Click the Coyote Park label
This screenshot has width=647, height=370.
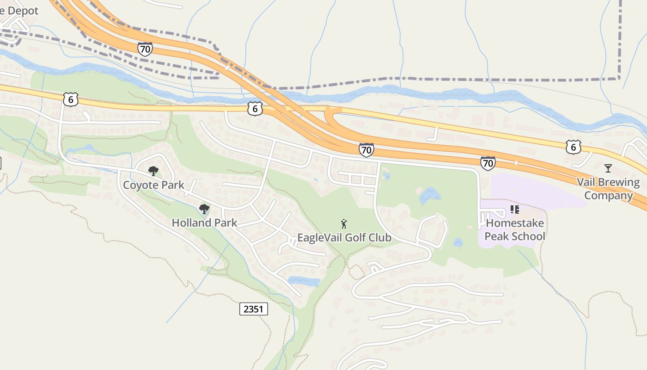click(x=153, y=185)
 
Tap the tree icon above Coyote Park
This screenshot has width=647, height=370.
click(x=153, y=171)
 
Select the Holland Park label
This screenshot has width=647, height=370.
click(x=204, y=222)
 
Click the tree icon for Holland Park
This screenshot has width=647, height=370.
click(x=204, y=209)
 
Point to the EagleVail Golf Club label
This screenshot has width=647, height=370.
click(x=344, y=238)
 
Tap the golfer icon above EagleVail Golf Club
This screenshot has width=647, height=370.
click(x=344, y=224)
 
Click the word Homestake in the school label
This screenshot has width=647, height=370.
click(x=515, y=223)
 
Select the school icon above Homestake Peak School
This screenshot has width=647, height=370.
click(x=515, y=210)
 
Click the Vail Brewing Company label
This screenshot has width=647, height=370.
click(x=608, y=189)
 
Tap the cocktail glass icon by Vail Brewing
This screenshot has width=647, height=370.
click(x=608, y=168)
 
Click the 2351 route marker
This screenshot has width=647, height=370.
click(x=254, y=308)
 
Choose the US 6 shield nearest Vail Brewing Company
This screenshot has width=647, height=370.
click(x=574, y=147)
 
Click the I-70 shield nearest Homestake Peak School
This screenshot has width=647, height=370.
click(x=488, y=162)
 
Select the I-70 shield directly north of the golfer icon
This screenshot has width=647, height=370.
click(x=366, y=149)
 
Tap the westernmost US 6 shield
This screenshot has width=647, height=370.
click(x=70, y=99)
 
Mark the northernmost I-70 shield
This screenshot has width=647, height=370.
click(x=145, y=49)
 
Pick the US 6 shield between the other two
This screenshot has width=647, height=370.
click(x=255, y=108)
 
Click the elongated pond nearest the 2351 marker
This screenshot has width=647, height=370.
click(x=304, y=281)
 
